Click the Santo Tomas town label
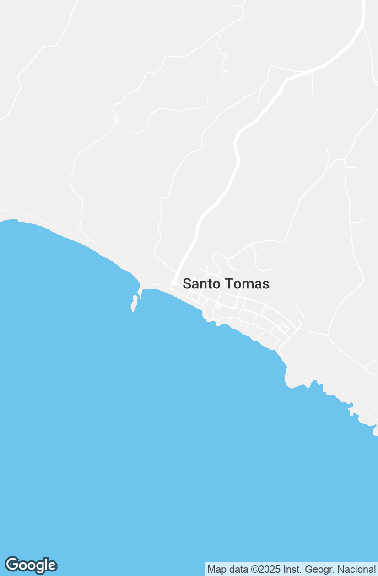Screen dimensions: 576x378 click(x=226, y=284)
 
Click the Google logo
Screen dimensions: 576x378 click(x=31, y=565)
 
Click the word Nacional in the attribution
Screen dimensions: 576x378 click(x=356, y=570)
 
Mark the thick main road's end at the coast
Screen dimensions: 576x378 click(x=174, y=282)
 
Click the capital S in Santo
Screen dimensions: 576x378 click(x=186, y=284)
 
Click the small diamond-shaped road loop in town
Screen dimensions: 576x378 click(x=283, y=327)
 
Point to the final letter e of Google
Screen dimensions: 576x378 click(x=52, y=566)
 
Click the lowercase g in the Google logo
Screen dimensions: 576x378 click(x=40, y=567)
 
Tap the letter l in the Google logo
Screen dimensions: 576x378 click(x=47, y=565)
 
